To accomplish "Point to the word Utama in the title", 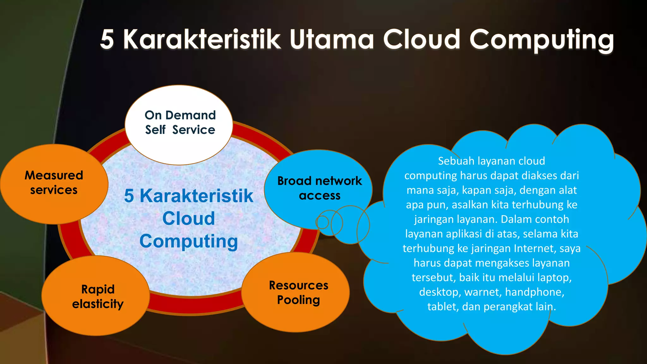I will click(332, 39).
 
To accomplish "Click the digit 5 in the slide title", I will click(107, 39).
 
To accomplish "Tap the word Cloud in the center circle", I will click(189, 219).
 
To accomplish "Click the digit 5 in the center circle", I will click(129, 196).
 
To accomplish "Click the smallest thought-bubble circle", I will click(322, 222).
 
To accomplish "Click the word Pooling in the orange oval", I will click(299, 300).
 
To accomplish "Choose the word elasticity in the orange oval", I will click(98, 304).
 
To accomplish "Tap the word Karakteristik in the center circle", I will click(197, 196).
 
